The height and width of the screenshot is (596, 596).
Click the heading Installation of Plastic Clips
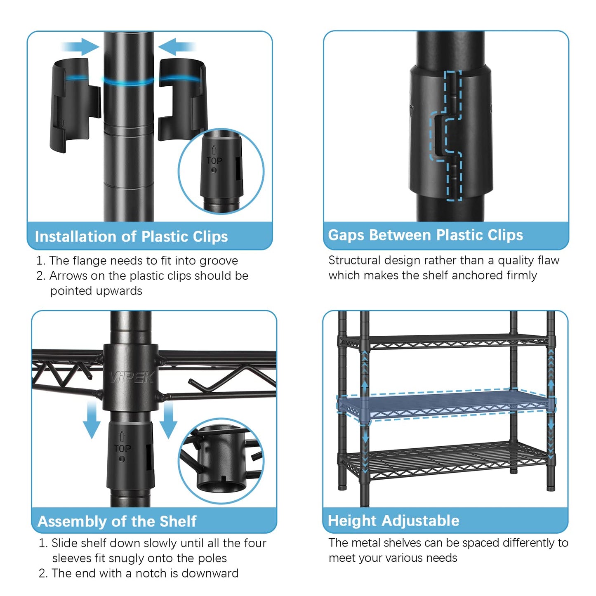131,236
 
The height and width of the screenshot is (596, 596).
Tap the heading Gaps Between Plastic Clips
425,235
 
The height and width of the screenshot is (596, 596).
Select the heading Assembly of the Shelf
117,521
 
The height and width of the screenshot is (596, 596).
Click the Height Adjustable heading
393,521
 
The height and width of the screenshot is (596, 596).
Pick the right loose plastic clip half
181,99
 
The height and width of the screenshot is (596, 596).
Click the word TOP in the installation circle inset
214,160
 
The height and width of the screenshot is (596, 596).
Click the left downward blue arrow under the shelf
92,421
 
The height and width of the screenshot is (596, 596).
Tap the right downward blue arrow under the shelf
168,421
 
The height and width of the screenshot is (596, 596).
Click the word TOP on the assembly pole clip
122,448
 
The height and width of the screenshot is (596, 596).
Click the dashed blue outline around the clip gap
445,136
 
